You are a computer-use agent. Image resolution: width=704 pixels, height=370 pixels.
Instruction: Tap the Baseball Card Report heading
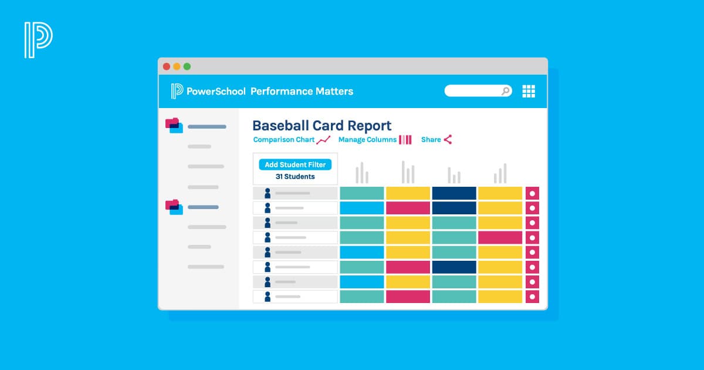click(x=321, y=125)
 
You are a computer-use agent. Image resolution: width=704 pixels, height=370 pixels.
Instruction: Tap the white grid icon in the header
click(x=529, y=91)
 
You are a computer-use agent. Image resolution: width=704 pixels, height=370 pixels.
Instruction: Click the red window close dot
click(x=167, y=66)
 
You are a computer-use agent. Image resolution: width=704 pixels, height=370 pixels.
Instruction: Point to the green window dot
click(x=187, y=66)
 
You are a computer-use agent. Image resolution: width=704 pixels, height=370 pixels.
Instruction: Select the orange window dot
click(x=177, y=66)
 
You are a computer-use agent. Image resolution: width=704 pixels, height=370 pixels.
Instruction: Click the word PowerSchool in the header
click(x=216, y=91)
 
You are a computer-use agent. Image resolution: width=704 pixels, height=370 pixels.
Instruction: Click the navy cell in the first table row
click(x=453, y=193)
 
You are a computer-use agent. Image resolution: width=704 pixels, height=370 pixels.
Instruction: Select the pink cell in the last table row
click(x=408, y=297)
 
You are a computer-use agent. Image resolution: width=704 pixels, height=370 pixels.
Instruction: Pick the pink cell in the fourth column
click(x=500, y=237)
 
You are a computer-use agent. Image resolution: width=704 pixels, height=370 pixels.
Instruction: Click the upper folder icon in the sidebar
click(x=174, y=125)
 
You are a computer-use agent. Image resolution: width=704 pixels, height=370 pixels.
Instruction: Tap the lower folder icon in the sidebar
click(x=174, y=207)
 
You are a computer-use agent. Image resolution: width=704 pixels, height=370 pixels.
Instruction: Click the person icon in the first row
click(x=268, y=193)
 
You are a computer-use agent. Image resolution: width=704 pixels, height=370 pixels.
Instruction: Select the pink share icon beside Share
click(x=448, y=140)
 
